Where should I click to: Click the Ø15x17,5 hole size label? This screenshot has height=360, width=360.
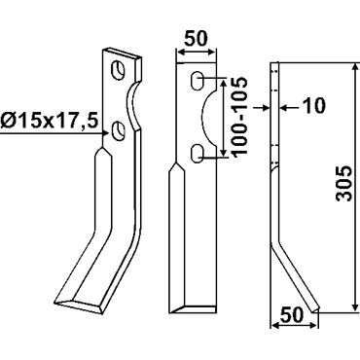pyautogui.click(x=49, y=122)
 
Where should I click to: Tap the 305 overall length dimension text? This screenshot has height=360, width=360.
pyautogui.click(x=344, y=184)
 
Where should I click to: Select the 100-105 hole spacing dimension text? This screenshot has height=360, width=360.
pyautogui.click(x=240, y=118)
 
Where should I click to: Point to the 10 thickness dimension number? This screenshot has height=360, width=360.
pyautogui.click(x=313, y=105)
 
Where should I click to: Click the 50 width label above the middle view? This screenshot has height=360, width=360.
pyautogui.click(x=196, y=39)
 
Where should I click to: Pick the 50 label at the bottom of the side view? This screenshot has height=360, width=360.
pyautogui.click(x=292, y=315)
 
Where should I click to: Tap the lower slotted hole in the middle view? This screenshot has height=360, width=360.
pyautogui.click(x=197, y=154)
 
